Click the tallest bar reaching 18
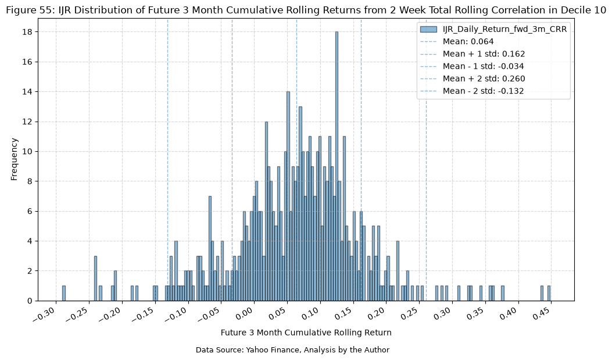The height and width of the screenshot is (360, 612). click(x=337, y=166)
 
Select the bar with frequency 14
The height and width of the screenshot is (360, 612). click(x=288, y=197)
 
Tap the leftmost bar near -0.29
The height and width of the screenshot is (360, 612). click(x=64, y=294)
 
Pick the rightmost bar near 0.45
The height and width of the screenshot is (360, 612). click(x=549, y=294)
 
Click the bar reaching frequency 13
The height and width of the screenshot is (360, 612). click(x=300, y=204)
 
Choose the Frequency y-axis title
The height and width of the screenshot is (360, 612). click(x=15, y=159)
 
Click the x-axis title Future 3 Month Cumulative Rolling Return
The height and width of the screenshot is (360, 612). click(x=306, y=333)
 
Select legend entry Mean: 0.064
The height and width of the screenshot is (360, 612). click(x=468, y=41)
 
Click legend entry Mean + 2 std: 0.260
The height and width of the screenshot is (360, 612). click(x=484, y=79)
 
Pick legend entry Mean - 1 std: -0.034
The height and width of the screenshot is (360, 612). click(x=483, y=66)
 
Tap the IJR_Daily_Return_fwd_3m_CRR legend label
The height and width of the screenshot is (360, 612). click(x=504, y=29)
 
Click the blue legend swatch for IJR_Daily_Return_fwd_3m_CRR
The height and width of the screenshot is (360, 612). click(x=428, y=29)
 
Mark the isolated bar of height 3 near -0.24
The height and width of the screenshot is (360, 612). click(x=96, y=279)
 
